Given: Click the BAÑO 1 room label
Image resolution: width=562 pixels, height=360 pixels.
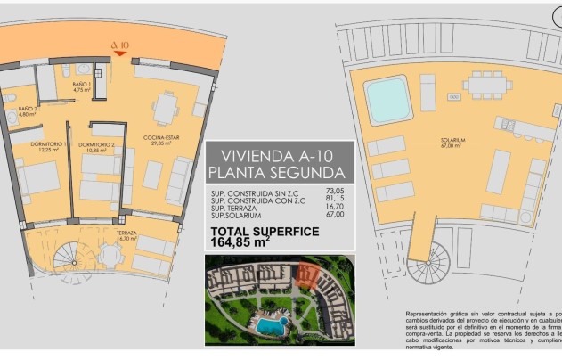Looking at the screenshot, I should (x=83, y=88).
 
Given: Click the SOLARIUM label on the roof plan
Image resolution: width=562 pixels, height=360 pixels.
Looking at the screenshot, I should (x=451, y=142).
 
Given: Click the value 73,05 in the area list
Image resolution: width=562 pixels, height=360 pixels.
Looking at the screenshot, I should (x=334, y=191).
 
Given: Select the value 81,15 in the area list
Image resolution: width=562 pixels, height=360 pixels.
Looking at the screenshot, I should (x=334, y=199).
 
